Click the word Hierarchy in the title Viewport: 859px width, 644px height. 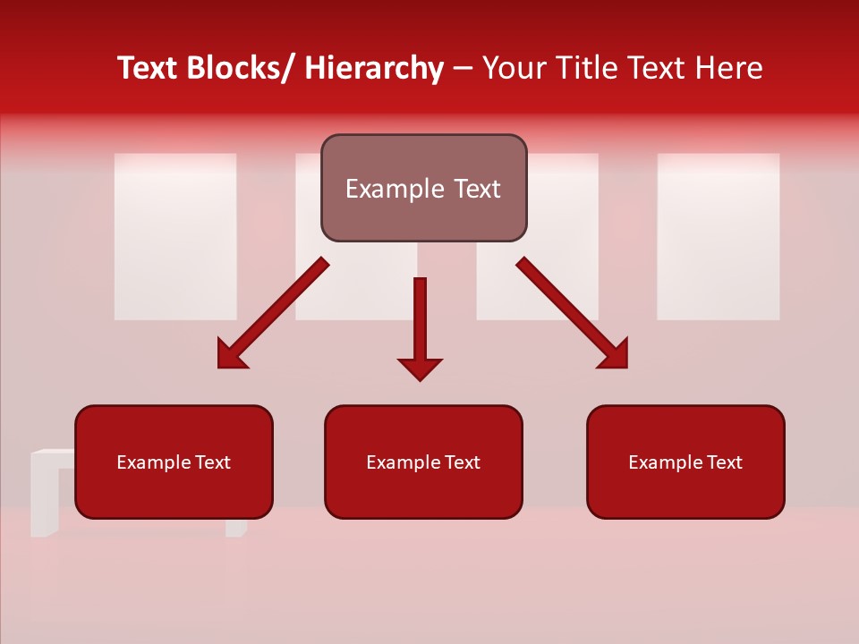(374, 68)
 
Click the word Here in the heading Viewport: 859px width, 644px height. (728, 68)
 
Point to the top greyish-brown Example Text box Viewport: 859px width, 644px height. (423, 188)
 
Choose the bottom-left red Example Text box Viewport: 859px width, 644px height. (174, 462)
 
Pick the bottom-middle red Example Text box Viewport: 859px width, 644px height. (423, 462)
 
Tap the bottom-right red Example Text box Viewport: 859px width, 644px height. (685, 462)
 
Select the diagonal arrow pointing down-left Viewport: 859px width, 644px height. (272, 314)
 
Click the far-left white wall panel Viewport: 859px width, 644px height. (175, 236)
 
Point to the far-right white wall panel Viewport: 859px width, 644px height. (718, 236)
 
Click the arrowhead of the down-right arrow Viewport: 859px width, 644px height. (614, 354)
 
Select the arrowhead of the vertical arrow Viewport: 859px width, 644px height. (420, 368)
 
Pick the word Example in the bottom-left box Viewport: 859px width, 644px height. (152, 462)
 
